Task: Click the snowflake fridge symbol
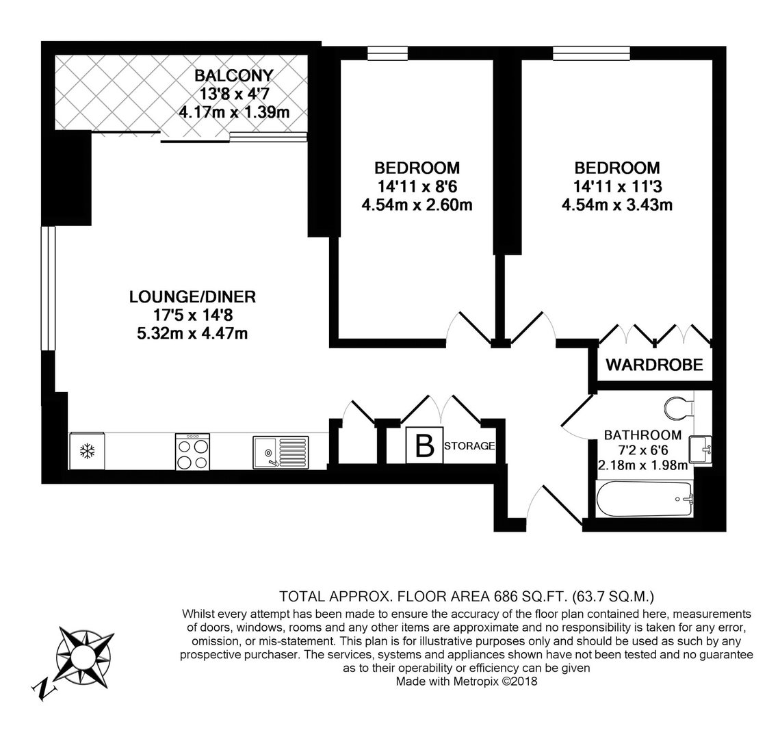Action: (88, 452)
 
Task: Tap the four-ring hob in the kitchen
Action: (192, 452)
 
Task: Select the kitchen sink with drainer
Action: (281, 452)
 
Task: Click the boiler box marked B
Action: (424, 445)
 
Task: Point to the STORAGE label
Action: (469, 446)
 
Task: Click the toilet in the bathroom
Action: (679, 408)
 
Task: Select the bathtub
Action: (644, 499)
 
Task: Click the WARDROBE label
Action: (654, 365)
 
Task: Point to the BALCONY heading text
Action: (234, 75)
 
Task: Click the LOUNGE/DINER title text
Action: (192, 296)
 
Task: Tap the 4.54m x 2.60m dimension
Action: (417, 205)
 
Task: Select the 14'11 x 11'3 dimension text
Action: (617, 187)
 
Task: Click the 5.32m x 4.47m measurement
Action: (192, 333)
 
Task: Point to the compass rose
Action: (83, 658)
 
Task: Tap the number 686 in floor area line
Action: (506, 596)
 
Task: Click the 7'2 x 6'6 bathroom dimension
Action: (642, 450)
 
